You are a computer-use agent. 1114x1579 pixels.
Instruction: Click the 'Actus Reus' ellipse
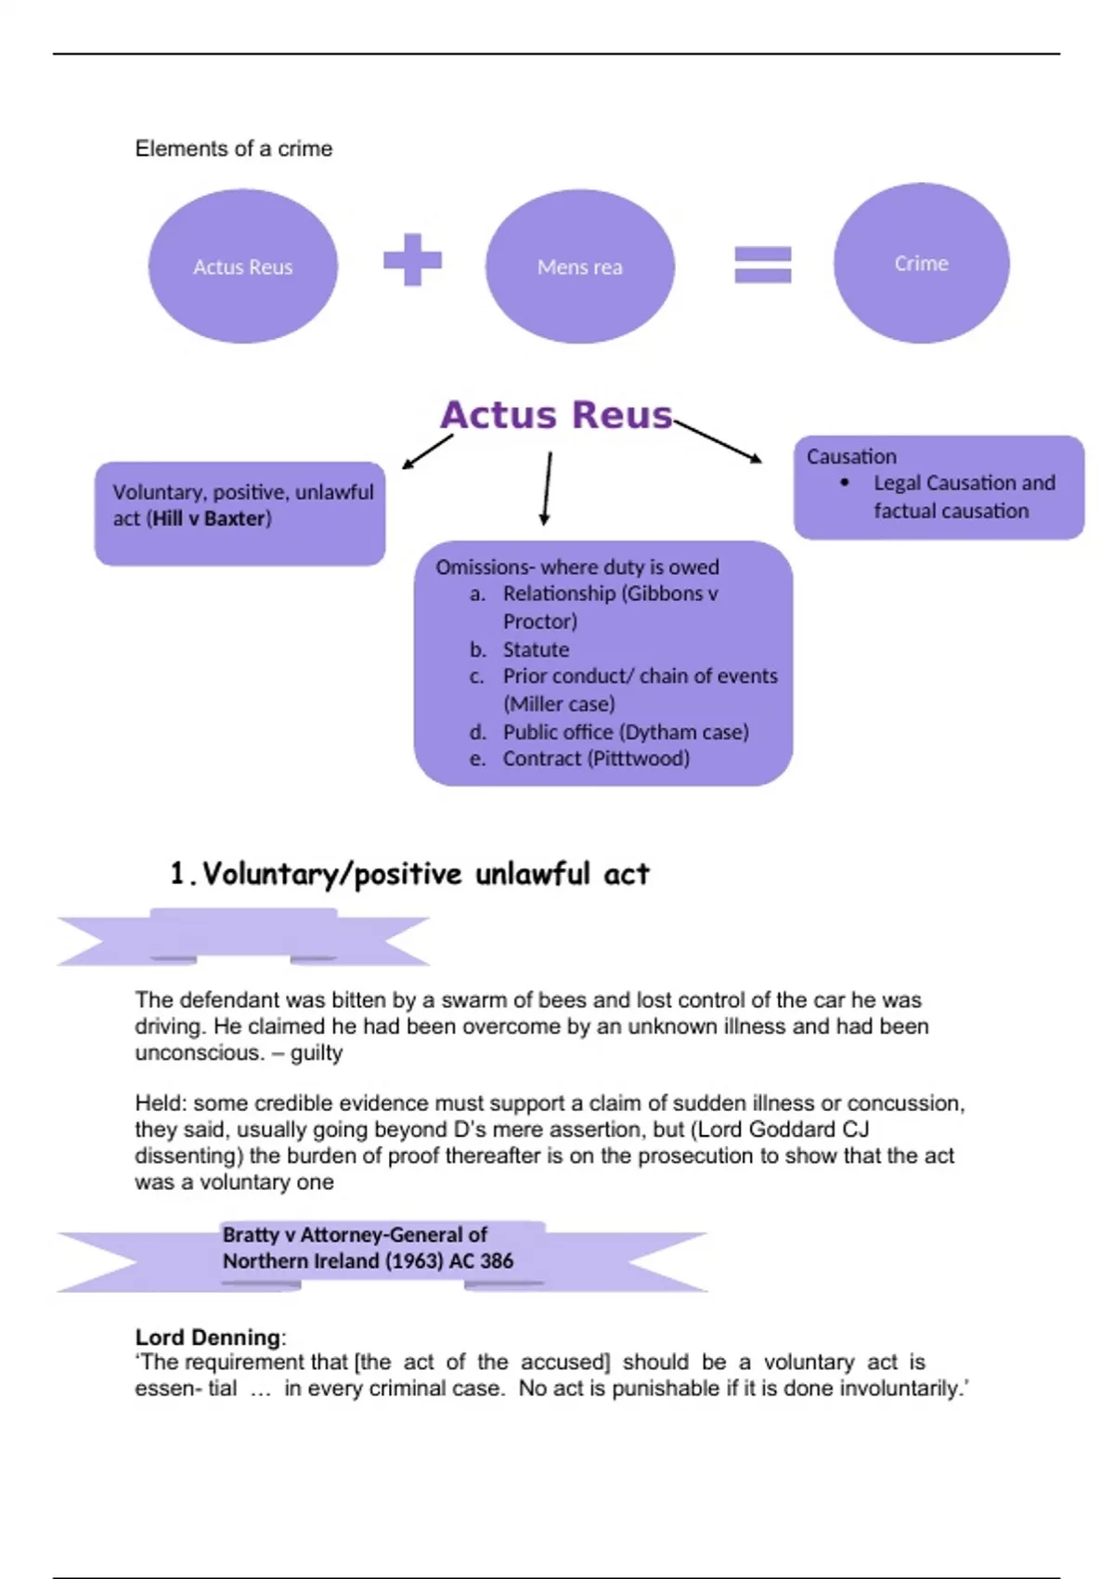[x=243, y=267]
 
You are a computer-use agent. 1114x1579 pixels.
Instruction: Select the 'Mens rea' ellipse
[x=580, y=267]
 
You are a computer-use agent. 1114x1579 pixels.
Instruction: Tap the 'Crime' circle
[x=921, y=263]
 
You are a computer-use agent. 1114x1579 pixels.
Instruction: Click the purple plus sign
[x=412, y=259]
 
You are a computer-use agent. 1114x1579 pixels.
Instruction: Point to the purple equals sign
[x=763, y=264]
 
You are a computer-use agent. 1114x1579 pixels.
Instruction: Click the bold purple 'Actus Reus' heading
[x=556, y=415]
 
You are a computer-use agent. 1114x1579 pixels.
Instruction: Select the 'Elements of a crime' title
[x=234, y=149]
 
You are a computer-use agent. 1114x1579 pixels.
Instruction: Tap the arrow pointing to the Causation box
[x=719, y=441]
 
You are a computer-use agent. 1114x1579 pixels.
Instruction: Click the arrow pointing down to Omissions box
[x=547, y=488]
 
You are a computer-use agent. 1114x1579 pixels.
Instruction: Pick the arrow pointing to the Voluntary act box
[x=427, y=451]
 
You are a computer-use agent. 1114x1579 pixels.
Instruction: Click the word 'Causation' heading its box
[x=851, y=456]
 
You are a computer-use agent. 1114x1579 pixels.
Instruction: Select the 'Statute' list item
[x=536, y=649]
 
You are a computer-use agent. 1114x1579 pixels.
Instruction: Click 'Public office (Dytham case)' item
[x=626, y=732]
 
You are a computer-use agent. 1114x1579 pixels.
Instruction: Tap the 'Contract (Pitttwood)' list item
[x=596, y=758]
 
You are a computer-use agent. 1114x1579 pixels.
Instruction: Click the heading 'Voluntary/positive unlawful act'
[x=425, y=874]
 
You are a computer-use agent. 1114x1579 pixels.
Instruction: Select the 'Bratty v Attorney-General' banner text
[x=368, y=1247]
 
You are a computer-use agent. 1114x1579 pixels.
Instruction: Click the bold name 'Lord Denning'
[x=208, y=1337]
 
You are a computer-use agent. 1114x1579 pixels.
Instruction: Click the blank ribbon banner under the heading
[x=243, y=938]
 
